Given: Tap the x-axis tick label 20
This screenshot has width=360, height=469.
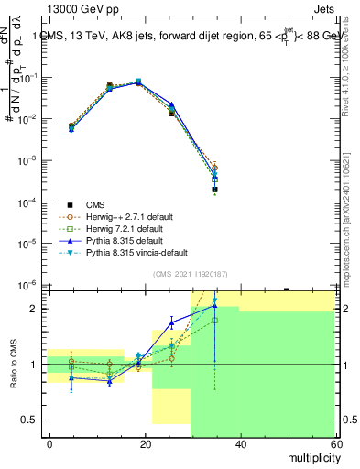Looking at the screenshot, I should click(145, 443).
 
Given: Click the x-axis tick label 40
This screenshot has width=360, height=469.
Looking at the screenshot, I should click(240, 443).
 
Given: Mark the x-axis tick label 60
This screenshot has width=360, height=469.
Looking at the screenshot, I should click(333, 443).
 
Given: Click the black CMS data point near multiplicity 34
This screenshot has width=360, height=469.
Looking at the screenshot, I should click(214, 190).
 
